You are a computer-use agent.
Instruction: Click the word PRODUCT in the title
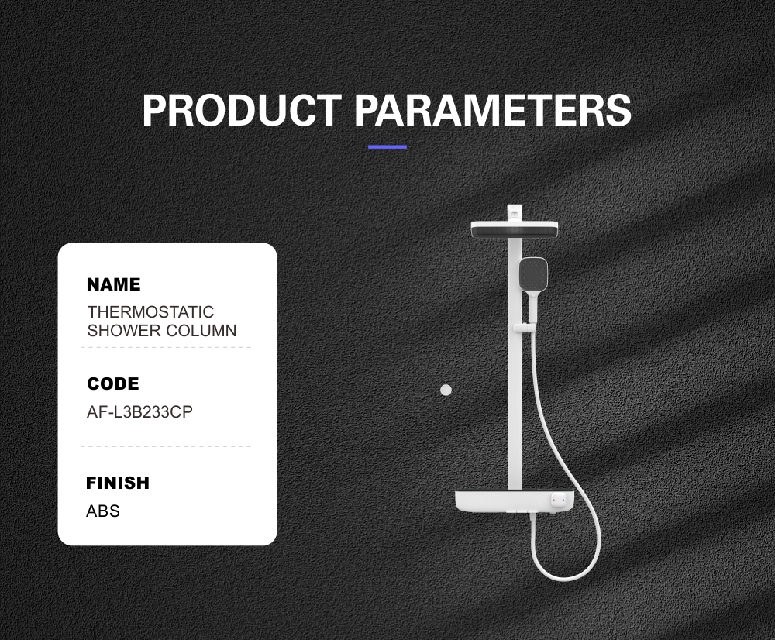coord(241,110)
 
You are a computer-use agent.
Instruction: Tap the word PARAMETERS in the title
coord(493,110)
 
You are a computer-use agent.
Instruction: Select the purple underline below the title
coord(387,146)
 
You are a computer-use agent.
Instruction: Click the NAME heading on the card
coord(114,284)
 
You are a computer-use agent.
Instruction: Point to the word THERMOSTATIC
coord(151,311)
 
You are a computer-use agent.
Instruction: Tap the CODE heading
coord(113,384)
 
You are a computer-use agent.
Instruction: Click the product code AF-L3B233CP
coord(139,411)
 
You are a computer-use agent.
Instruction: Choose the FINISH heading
coord(118,483)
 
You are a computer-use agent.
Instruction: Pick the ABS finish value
coord(103,511)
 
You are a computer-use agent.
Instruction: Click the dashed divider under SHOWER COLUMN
coord(166,347)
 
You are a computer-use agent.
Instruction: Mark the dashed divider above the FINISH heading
coord(166,446)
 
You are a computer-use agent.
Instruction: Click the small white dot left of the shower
coord(446,390)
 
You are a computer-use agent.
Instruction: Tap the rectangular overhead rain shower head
coord(514,229)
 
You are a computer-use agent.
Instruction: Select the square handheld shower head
coord(533,274)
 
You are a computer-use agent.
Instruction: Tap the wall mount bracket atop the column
coord(515,212)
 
